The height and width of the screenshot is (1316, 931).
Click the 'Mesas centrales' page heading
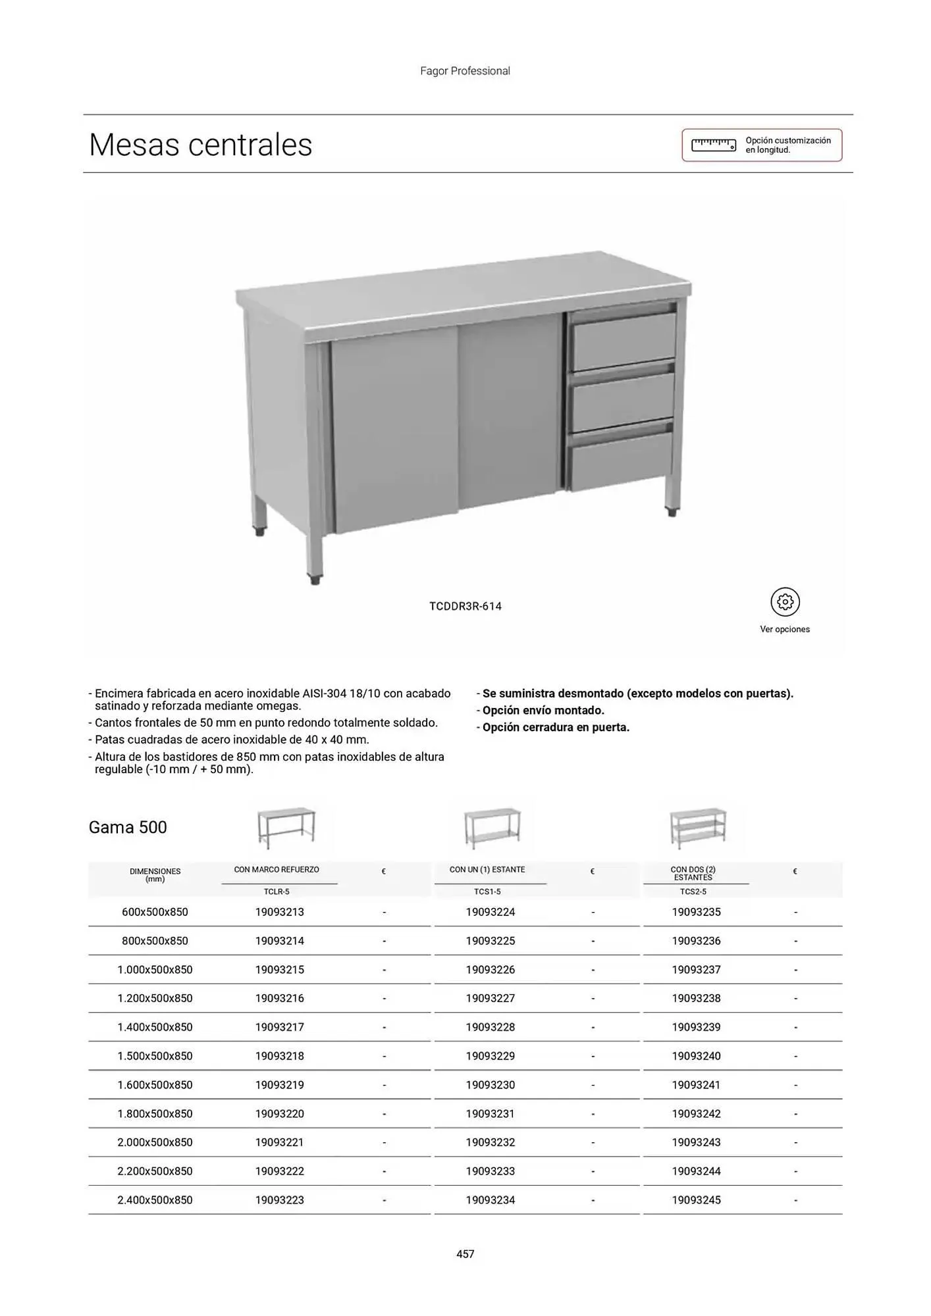200,145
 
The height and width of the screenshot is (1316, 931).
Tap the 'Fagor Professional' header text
465,71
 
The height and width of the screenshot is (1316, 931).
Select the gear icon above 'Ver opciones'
785,601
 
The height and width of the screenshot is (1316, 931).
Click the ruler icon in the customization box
714,145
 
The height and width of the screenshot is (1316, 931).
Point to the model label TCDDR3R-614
465,606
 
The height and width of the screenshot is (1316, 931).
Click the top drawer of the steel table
623,341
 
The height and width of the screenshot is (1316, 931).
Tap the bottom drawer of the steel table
622,460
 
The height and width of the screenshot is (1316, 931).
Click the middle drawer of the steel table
622,401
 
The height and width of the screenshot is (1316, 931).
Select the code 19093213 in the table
280,912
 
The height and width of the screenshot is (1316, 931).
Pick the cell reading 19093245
696,1200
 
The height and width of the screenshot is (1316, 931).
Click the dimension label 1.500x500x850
155,1056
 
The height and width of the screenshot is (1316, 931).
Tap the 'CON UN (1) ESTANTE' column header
487,870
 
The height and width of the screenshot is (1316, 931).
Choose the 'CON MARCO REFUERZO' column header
277,870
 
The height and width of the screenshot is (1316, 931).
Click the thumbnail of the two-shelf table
698,828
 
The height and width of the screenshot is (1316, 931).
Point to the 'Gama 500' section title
128,827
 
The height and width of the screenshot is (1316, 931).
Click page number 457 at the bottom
465,1254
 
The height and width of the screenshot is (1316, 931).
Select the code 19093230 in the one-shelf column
491,1085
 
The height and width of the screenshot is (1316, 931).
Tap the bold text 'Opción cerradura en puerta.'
556,727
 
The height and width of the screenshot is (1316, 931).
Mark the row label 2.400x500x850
155,1200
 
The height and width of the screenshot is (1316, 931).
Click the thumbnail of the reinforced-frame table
286,828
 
